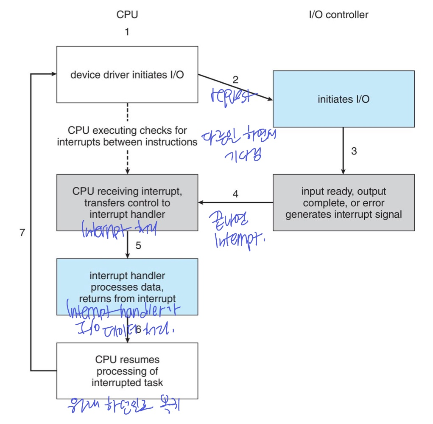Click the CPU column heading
tap(127, 15)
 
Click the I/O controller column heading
tap(338, 15)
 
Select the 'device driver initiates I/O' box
tap(127, 75)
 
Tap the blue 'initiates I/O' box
tap(343, 99)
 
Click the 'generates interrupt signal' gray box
tap(344, 202)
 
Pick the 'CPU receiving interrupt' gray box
tap(127, 202)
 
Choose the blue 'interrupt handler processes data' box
tap(127, 287)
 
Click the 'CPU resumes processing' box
tap(127, 371)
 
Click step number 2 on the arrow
tap(235, 80)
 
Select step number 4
tap(235, 194)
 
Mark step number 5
tap(139, 245)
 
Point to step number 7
tap(22, 233)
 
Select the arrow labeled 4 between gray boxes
tap(235, 203)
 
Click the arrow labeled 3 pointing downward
tap(343, 151)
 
